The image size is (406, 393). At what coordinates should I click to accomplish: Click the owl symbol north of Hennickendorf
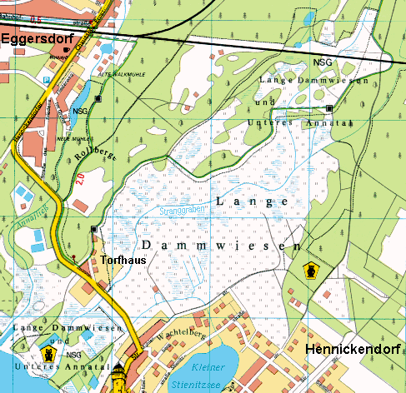310,271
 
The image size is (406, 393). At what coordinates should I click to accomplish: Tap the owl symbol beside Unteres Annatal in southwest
50,353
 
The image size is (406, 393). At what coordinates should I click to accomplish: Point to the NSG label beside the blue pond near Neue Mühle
80,110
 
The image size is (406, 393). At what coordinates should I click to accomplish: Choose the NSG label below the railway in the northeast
322,62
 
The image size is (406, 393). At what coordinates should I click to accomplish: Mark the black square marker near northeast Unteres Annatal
329,108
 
